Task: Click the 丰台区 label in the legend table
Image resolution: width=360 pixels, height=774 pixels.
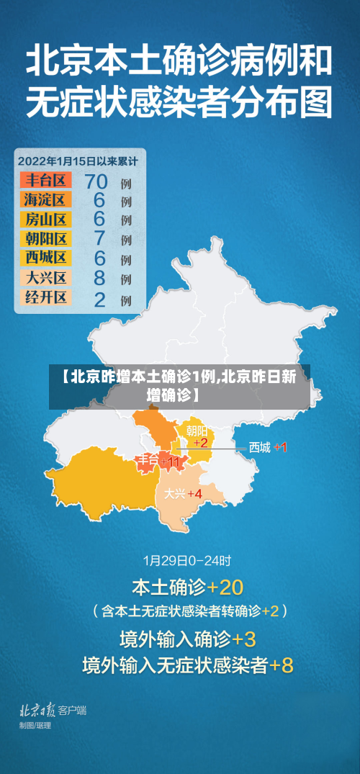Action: click(45, 180)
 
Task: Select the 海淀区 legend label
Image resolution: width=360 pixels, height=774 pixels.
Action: click(45, 199)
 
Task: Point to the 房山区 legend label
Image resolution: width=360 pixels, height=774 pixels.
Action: click(45, 219)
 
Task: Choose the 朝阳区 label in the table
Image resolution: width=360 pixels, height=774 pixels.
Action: click(45, 238)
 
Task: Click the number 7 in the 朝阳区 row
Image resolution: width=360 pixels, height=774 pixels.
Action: click(99, 238)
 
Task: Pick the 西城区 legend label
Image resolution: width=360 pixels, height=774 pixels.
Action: click(45, 257)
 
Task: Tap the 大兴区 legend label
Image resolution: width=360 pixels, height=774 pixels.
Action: click(45, 277)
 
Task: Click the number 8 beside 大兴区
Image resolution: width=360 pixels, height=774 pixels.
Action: click(99, 277)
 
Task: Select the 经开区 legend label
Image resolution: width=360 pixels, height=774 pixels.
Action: click(45, 297)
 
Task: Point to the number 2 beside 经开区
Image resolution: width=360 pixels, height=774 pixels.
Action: click(99, 297)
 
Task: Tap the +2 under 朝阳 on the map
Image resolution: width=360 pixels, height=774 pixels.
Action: click(199, 442)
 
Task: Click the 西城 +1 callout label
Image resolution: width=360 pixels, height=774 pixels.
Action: click(268, 448)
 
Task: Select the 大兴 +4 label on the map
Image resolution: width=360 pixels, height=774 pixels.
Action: click(183, 493)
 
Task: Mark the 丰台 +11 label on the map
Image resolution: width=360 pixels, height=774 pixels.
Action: click(160, 461)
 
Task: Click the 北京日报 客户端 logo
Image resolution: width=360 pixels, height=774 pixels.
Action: click(53, 710)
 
